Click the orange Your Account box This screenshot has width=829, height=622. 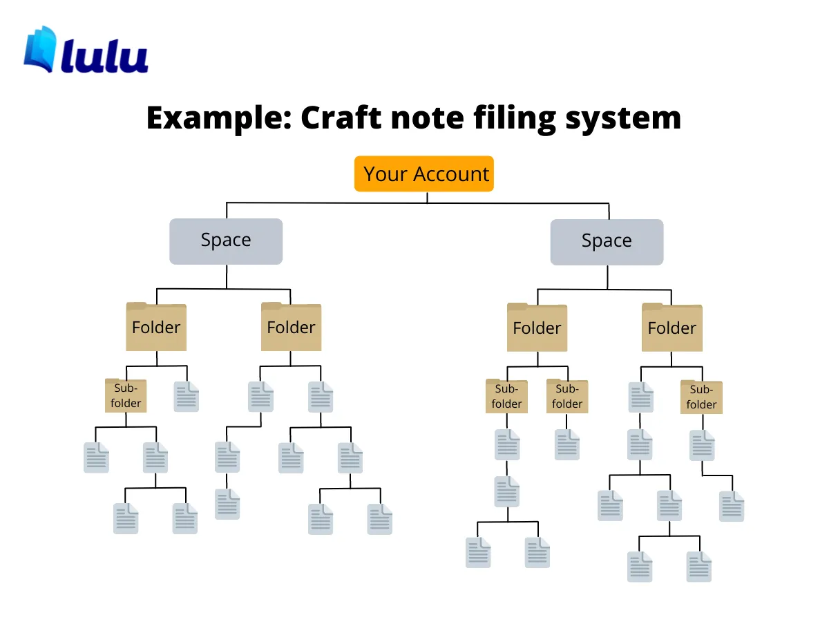[x=424, y=173]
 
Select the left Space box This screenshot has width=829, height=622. [x=226, y=241]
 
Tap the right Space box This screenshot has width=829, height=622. [x=607, y=242]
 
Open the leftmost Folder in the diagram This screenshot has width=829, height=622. [x=156, y=327]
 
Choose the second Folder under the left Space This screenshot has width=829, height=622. [x=291, y=327]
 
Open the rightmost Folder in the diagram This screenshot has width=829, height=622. [x=672, y=328]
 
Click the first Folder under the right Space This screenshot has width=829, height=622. [x=537, y=328]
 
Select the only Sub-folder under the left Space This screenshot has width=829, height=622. [x=126, y=395]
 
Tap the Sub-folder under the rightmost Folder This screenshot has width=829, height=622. [x=701, y=397]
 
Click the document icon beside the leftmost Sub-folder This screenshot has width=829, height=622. [x=186, y=397]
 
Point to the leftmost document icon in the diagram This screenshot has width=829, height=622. [x=96, y=458]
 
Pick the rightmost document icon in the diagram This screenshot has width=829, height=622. [x=732, y=506]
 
